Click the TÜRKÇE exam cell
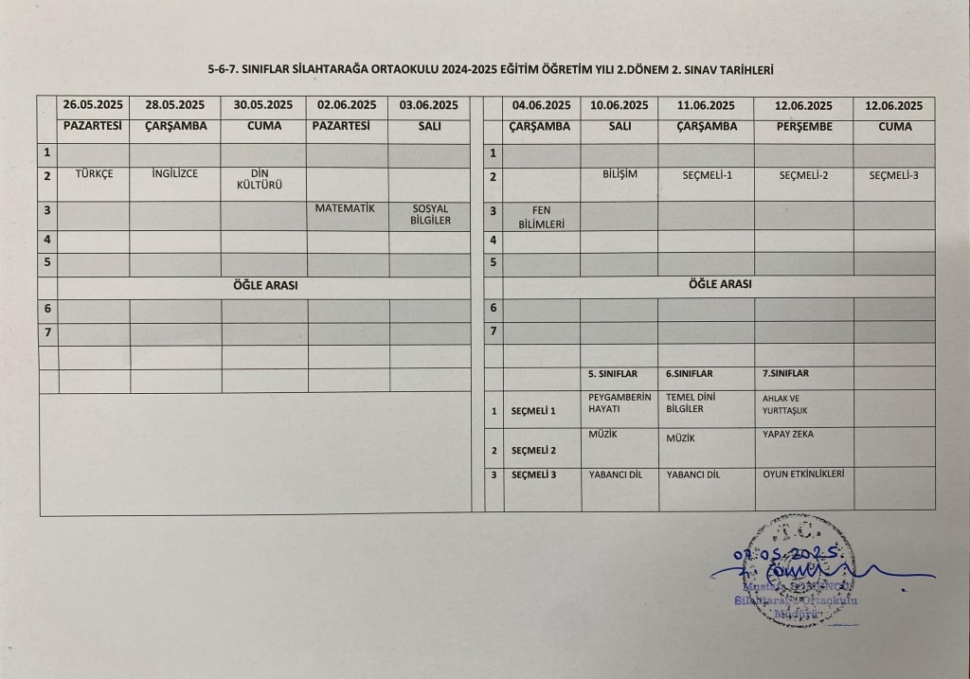coord(94,173)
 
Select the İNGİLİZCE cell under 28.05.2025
coord(174,173)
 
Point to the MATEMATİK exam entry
coord(347,208)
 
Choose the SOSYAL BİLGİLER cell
coord(429,215)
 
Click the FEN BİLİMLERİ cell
coord(541,217)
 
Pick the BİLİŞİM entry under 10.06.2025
coord(620,174)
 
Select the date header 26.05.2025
coord(94,105)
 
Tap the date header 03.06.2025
coord(429,105)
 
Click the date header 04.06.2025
coord(541,105)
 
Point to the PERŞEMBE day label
coord(803,126)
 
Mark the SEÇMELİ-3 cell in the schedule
coord(893,174)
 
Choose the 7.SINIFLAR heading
coord(785,373)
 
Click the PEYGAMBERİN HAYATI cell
coord(620,403)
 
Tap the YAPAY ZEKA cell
coord(787,435)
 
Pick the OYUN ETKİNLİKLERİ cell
coord(802,474)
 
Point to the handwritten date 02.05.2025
coord(785,553)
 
